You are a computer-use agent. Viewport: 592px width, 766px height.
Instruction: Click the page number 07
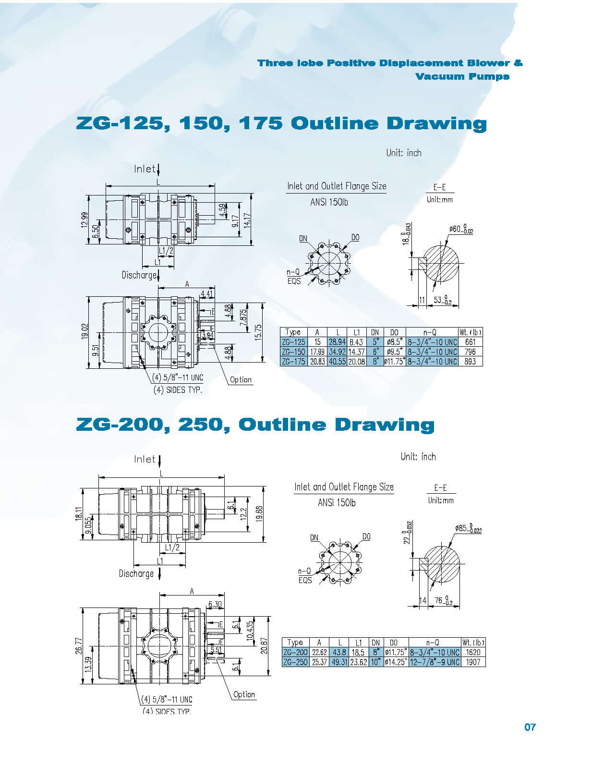click(530, 727)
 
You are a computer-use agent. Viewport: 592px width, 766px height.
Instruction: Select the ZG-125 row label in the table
click(293, 342)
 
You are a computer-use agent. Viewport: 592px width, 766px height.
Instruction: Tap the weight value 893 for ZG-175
click(470, 361)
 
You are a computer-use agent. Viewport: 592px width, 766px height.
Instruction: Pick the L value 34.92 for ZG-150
click(337, 352)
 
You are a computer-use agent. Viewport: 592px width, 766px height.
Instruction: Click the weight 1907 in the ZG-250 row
click(473, 662)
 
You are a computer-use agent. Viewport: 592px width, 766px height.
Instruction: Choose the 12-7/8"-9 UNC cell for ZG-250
click(435, 662)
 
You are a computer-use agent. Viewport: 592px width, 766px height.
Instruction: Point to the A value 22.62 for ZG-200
click(319, 652)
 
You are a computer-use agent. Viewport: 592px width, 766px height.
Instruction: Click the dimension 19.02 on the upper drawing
click(85, 331)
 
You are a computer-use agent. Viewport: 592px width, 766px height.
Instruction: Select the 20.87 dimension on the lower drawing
click(264, 646)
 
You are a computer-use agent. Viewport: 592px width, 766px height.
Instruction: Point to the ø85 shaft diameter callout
click(468, 529)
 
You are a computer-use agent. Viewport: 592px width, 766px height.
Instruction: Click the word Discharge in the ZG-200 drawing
click(136, 573)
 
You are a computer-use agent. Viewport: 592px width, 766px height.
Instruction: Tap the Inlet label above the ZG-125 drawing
click(145, 169)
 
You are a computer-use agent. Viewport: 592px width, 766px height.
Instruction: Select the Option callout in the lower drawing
click(244, 694)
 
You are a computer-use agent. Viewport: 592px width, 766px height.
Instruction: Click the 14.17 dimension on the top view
click(248, 221)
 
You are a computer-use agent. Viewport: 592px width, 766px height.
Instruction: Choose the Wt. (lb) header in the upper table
click(470, 332)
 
